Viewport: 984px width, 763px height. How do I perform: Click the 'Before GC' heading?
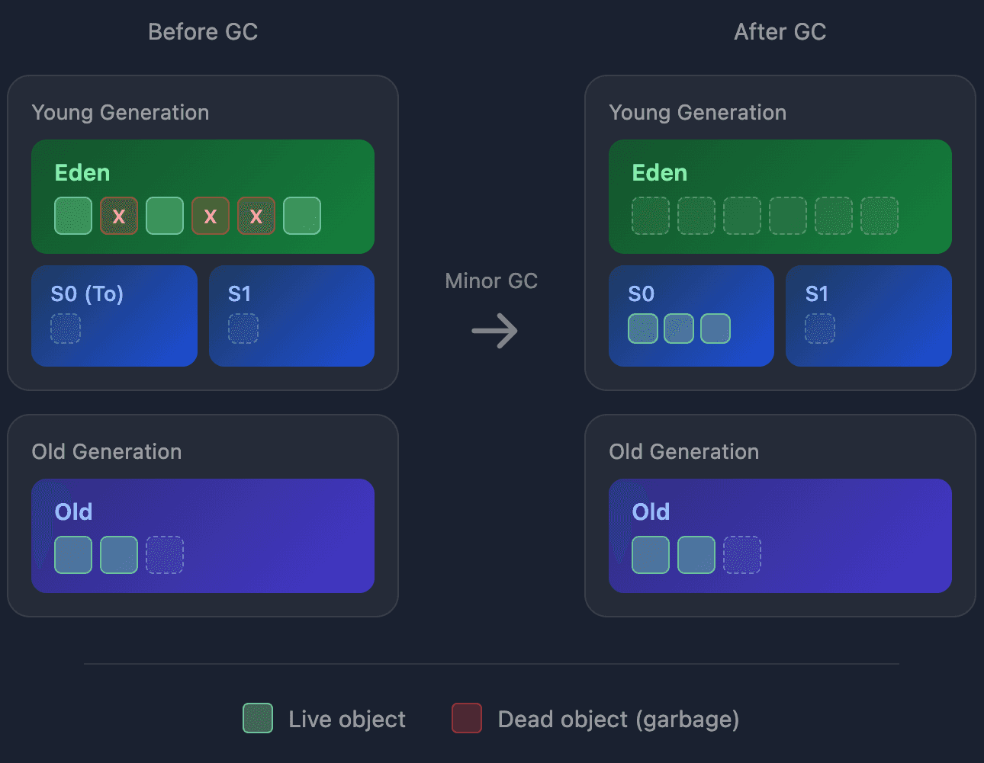[203, 32]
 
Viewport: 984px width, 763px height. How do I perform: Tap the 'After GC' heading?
[780, 32]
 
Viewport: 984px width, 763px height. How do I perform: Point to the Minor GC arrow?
[494, 331]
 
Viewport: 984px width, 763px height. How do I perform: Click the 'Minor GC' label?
[491, 281]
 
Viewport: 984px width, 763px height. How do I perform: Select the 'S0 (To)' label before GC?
[87, 294]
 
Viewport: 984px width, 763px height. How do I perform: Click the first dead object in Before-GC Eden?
[119, 216]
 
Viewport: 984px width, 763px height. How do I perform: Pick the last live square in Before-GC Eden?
[302, 216]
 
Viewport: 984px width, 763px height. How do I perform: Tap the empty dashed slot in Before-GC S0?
[66, 329]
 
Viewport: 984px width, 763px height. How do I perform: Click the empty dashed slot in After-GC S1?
[820, 329]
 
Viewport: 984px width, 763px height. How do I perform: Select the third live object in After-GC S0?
[715, 329]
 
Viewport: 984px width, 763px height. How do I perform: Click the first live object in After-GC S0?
[643, 329]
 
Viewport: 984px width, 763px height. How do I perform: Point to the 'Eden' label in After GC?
[660, 173]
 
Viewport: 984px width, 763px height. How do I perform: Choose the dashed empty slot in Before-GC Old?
[165, 555]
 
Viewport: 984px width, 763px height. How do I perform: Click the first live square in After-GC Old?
[651, 555]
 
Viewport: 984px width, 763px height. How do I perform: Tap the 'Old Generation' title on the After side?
[683, 452]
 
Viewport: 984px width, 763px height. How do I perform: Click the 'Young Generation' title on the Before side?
[121, 113]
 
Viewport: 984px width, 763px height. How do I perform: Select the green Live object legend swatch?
[258, 718]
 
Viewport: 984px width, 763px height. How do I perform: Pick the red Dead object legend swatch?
[467, 718]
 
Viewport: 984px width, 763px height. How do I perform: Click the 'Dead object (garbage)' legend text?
[618, 720]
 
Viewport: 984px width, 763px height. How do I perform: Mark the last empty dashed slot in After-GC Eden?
[879, 216]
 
